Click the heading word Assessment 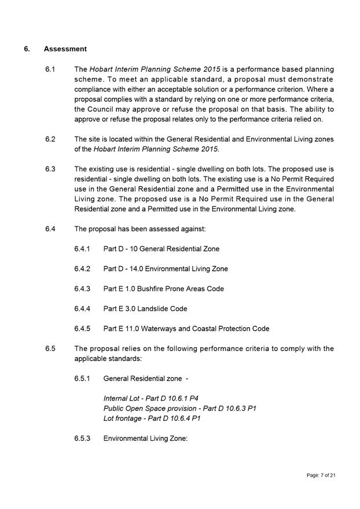[x=65, y=49]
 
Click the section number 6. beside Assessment [x=27, y=49]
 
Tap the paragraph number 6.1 [x=50, y=69]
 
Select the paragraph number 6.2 [x=50, y=139]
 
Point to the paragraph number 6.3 [x=50, y=169]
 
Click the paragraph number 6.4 [x=50, y=229]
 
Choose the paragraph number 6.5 [x=50, y=349]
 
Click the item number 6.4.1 [x=82, y=249]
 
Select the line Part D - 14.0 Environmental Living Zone [x=166, y=269]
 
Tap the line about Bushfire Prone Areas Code [x=163, y=289]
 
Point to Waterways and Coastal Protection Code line [x=186, y=329]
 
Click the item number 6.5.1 [x=82, y=379]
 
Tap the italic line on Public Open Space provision [x=179, y=408]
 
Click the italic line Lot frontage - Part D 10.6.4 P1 [x=152, y=418]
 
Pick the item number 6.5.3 [x=82, y=438]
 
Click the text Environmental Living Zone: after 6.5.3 [x=145, y=438]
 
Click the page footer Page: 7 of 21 [x=321, y=475]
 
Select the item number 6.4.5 [x=82, y=329]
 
